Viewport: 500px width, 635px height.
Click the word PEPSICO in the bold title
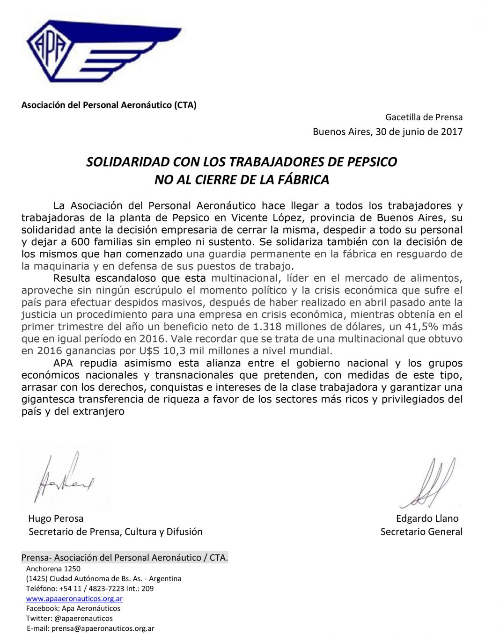372,162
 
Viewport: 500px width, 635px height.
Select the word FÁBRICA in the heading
302,180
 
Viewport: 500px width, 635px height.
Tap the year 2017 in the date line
451,131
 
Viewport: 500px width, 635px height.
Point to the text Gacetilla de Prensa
424,117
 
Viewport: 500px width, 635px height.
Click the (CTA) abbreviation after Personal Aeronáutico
185,105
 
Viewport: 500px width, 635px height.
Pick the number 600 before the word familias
80,242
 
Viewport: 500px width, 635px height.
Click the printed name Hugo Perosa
56,518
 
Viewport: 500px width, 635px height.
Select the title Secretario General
421,532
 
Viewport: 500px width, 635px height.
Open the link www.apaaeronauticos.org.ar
74,599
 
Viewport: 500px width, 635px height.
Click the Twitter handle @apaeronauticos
83,618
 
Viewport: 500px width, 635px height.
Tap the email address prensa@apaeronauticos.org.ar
103,628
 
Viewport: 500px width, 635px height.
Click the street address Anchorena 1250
53,569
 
